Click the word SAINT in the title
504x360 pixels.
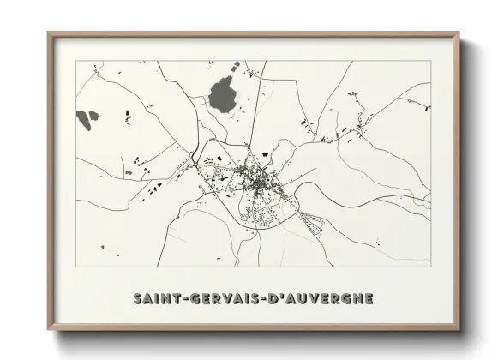coord(154,298)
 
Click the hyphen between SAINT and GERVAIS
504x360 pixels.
coord(178,299)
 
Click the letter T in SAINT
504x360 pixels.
coord(171,298)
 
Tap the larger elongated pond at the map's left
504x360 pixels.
coord(83,118)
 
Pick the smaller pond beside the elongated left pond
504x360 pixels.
coord(94,114)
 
